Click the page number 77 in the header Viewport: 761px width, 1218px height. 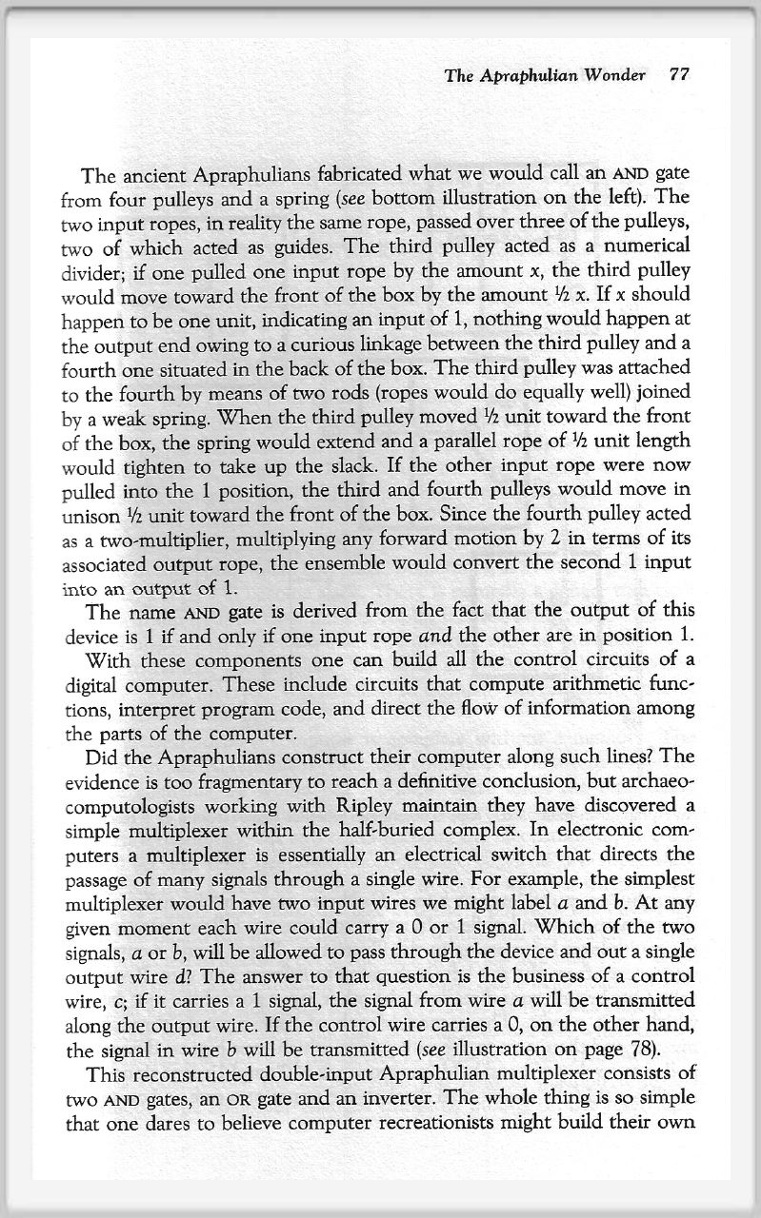click(679, 76)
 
